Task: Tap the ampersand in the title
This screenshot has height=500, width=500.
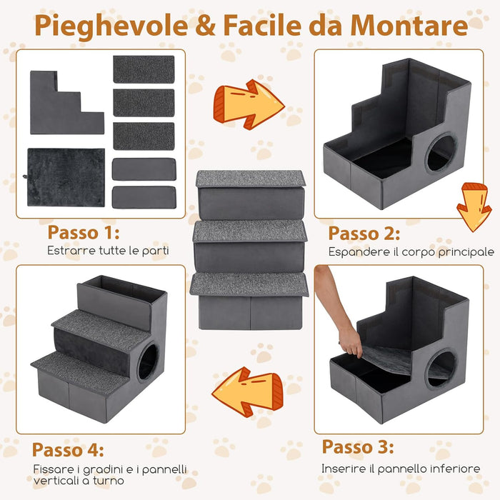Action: [204, 26]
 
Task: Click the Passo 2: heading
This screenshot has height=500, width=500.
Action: [364, 234]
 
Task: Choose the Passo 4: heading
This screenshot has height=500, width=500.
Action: [68, 451]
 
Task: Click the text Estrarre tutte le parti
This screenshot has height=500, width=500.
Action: [108, 251]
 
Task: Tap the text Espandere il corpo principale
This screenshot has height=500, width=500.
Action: [411, 252]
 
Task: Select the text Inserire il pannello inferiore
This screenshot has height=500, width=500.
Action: [401, 469]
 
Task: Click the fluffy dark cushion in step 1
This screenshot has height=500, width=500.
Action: [66, 177]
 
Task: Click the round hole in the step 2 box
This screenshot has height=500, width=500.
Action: [441, 153]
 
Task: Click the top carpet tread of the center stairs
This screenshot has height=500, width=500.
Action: [249, 179]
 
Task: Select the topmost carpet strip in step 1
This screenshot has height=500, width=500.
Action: [144, 69]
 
